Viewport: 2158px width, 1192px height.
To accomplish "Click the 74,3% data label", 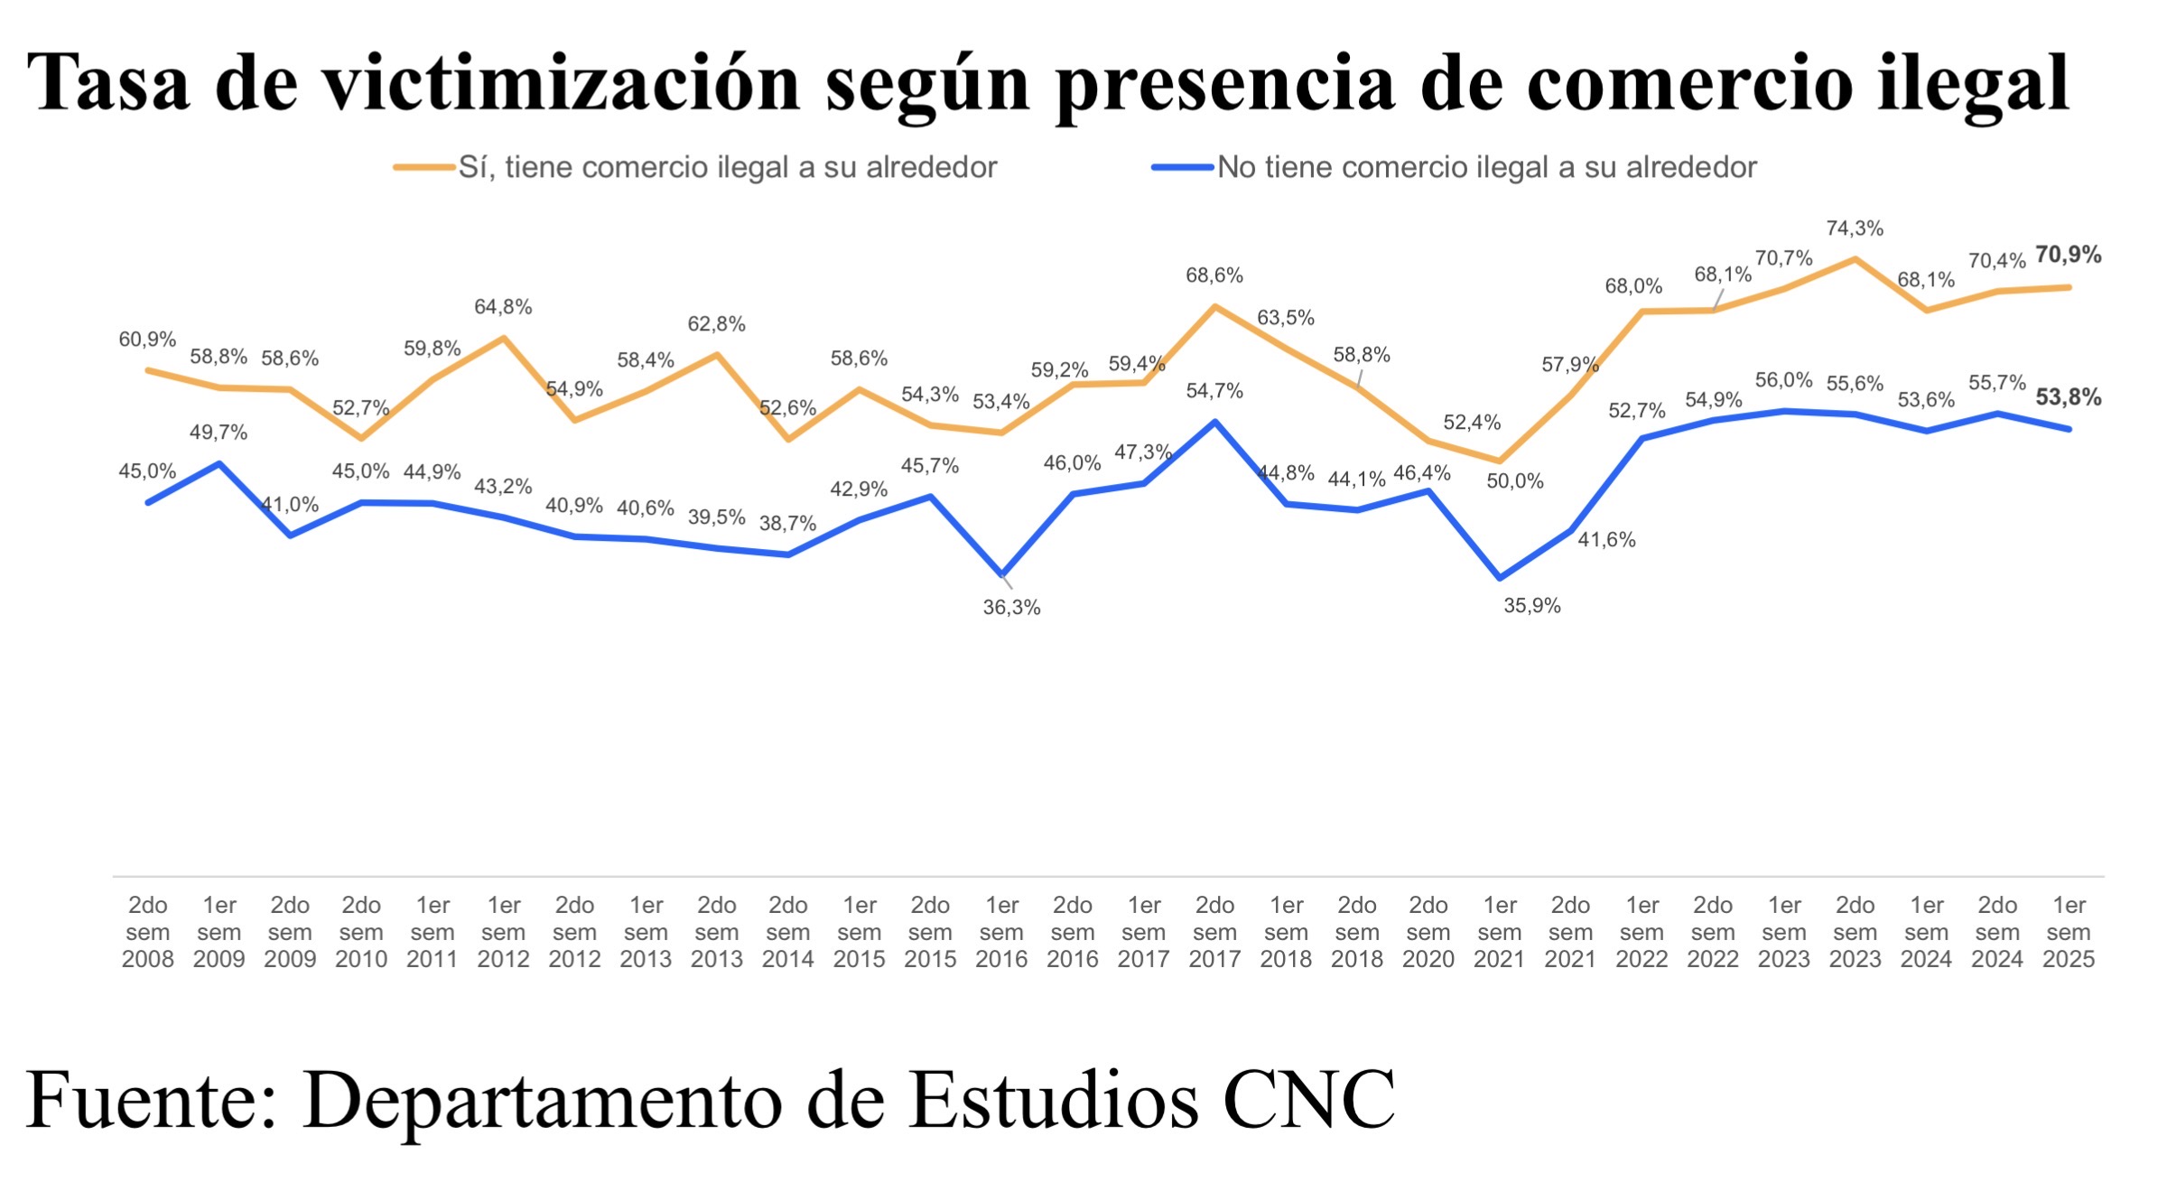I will pyautogui.click(x=1855, y=228).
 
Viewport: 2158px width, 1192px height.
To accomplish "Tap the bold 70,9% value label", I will pyautogui.click(x=2068, y=255).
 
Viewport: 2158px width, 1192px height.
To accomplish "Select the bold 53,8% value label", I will pyautogui.click(x=2068, y=397).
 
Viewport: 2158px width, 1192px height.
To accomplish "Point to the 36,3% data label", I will pyautogui.click(x=1011, y=608).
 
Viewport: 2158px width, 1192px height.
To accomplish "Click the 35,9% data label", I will pyautogui.click(x=1531, y=606).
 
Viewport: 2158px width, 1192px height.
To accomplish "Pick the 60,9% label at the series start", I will pyautogui.click(x=147, y=340).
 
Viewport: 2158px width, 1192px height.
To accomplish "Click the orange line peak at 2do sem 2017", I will pyautogui.click(x=1215, y=306).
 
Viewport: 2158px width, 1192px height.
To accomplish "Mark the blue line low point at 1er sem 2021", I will pyautogui.click(x=1500, y=578).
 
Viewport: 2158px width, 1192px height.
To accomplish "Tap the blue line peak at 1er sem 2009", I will pyautogui.click(x=219, y=463).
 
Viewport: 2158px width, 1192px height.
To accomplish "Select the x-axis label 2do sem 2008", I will pyautogui.click(x=147, y=932).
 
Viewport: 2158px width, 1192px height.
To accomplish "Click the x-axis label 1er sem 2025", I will pyautogui.click(x=2068, y=932).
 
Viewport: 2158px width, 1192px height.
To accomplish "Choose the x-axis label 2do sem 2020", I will pyautogui.click(x=1428, y=932).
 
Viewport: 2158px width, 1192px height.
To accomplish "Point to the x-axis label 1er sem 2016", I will pyautogui.click(x=1001, y=932).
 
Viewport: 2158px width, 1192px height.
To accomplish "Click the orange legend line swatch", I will pyautogui.click(x=424, y=167).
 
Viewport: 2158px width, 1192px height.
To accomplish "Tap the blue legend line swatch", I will pyautogui.click(x=1183, y=167).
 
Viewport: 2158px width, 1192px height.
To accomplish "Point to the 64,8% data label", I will pyautogui.click(x=503, y=307).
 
